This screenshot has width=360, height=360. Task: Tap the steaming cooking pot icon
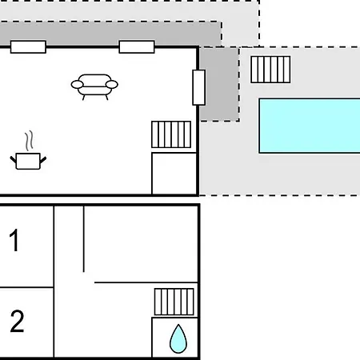tap(28, 150)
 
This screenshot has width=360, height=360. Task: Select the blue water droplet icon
tap(178, 338)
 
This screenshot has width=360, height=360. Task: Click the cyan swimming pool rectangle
tap(310, 126)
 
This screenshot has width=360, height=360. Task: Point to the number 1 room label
tap(14, 240)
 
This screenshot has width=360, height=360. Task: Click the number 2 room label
tap(17, 321)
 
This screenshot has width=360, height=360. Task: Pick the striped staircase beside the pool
tap(270, 70)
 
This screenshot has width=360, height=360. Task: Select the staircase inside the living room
tap(171, 134)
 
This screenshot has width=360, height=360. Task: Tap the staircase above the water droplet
tap(174, 302)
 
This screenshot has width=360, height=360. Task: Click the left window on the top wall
tap(28, 47)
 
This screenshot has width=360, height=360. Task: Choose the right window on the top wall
tap(137, 47)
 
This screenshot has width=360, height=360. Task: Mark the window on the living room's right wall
tap(199, 87)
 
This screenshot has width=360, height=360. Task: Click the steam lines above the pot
tap(30, 141)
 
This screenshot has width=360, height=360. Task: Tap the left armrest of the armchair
tap(78, 85)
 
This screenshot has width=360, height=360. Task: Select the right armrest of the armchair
tap(112, 85)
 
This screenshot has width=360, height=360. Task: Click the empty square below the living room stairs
tap(174, 174)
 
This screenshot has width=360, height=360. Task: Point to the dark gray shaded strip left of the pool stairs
tap(219, 84)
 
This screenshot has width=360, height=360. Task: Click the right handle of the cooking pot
tap(43, 160)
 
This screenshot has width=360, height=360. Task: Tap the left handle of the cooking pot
tap(14, 160)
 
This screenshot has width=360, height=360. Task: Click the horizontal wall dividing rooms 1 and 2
tap(26, 287)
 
